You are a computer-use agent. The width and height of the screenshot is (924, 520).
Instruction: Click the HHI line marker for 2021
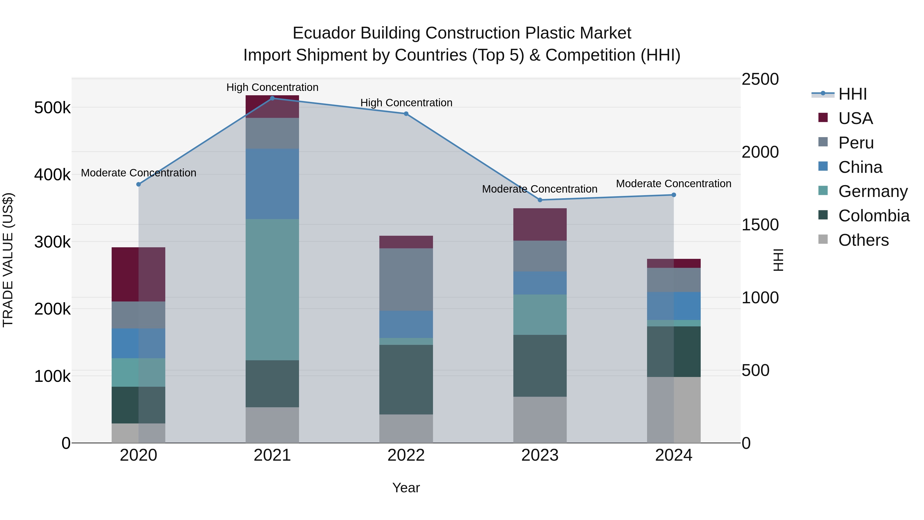pos(272,98)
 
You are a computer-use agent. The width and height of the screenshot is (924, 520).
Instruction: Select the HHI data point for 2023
pos(540,200)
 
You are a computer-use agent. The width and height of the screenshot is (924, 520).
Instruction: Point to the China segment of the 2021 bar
pos(272,184)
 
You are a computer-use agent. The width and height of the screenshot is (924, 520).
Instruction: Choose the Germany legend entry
pos(873,191)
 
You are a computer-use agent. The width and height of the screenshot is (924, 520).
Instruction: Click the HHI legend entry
pos(852,94)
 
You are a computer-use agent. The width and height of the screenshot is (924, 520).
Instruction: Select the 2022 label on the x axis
pos(406,455)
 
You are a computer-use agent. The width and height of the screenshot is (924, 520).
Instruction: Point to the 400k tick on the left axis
pos(52,175)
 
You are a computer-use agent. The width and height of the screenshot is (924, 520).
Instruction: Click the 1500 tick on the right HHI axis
pos(760,225)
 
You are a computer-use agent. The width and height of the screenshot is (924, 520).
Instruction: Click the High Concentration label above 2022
pos(406,103)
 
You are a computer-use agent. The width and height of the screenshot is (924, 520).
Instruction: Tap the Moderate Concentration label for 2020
pos(138,173)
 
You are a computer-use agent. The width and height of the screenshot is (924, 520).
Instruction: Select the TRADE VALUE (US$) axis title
pos(8,260)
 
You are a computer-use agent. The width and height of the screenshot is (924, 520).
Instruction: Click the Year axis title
pos(406,488)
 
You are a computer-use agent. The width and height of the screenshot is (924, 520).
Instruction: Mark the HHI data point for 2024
pos(674,195)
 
